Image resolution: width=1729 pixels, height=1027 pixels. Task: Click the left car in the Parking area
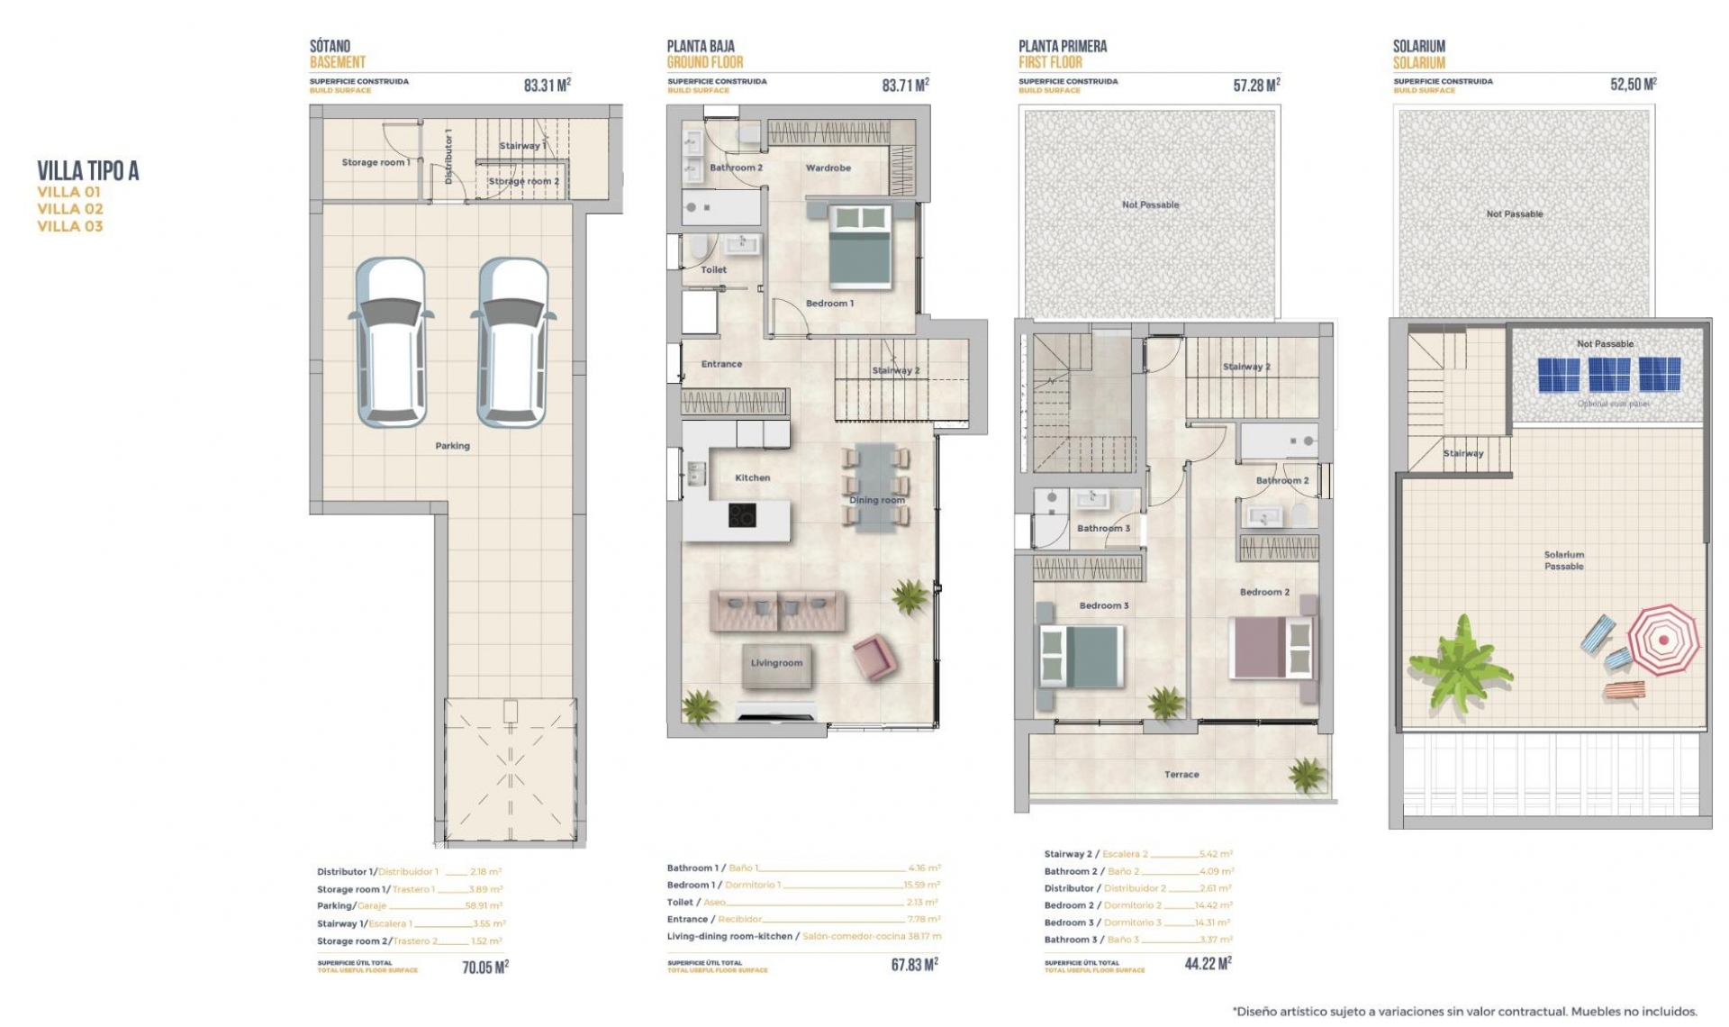click(x=391, y=342)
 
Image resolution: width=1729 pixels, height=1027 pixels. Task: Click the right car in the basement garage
click(x=511, y=342)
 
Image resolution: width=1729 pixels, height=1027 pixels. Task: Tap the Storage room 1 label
click(x=376, y=163)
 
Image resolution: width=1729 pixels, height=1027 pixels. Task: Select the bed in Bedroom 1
click(x=860, y=246)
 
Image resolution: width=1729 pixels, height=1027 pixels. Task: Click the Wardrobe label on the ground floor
click(x=828, y=168)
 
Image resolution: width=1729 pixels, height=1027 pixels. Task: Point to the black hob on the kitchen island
click(x=742, y=515)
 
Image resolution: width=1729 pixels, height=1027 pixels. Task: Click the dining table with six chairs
click(x=876, y=486)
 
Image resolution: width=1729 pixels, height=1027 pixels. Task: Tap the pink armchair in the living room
click(x=874, y=656)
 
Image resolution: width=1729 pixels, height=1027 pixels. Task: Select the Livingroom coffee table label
click(x=776, y=664)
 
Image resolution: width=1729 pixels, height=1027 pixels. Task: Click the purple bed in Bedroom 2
click(x=1271, y=647)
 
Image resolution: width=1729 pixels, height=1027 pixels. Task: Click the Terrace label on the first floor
click(x=1181, y=775)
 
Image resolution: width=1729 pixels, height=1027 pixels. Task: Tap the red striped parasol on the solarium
click(x=1663, y=640)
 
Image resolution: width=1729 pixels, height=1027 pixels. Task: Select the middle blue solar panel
click(x=1609, y=375)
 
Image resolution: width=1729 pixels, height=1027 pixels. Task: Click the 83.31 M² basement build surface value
click(x=547, y=86)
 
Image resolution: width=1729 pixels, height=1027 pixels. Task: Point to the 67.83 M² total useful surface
click(x=914, y=965)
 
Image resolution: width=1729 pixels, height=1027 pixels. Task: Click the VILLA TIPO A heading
click(x=88, y=171)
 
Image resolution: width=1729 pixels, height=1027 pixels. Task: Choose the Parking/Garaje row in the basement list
click(x=409, y=906)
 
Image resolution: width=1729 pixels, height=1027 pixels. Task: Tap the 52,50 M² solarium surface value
click(x=1633, y=86)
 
